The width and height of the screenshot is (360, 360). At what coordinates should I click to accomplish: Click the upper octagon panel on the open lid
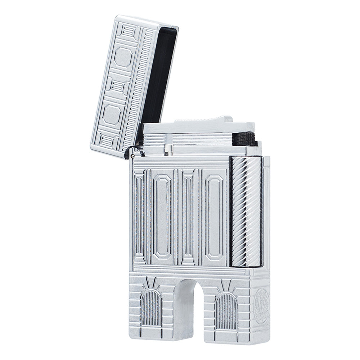click(123, 58)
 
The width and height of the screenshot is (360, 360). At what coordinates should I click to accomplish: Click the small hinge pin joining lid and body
click(134, 156)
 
